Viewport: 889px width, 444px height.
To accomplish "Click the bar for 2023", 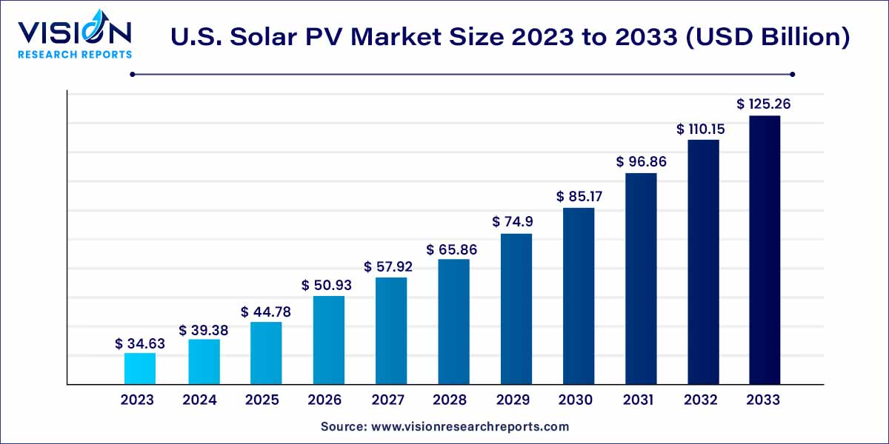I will (140, 369).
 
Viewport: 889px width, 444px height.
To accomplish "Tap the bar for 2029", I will (516, 309).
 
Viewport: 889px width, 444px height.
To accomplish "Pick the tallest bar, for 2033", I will (765, 250).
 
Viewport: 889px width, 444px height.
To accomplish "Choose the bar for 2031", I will (641, 279).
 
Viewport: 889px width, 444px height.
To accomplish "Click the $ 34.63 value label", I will (140, 344).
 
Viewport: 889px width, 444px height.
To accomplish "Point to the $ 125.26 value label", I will (764, 104).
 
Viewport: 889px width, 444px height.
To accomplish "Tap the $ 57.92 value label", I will (388, 266).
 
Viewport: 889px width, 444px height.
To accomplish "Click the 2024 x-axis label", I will (199, 400).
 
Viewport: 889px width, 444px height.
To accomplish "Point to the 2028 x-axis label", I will (450, 400).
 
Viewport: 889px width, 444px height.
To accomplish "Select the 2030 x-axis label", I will (575, 400).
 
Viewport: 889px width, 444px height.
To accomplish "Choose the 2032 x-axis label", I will (701, 400).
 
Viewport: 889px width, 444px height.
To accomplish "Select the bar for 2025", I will (265, 353).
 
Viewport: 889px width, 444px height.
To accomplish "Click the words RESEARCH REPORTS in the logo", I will (75, 54).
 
